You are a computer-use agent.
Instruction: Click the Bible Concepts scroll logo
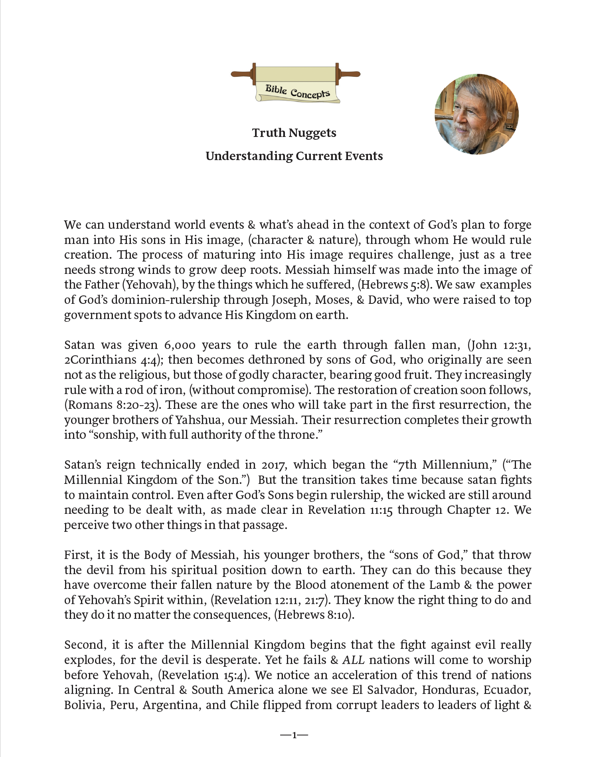[296, 84]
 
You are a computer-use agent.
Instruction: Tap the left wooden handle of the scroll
[242, 74]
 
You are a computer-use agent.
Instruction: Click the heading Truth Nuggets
[294, 133]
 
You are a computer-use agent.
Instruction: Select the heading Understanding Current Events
[294, 156]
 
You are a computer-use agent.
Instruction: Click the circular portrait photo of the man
[476, 114]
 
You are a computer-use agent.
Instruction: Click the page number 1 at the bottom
[294, 735]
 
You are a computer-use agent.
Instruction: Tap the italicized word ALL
[354, 660]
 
